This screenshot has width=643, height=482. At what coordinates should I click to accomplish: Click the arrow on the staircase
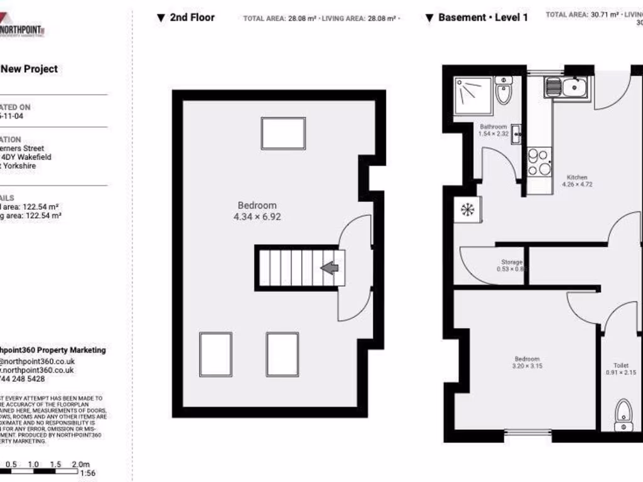[x=329, y=268]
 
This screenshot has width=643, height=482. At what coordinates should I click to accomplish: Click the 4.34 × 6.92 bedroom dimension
[x=257, y=217]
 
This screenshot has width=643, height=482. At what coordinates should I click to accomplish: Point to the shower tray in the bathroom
[x=473, y=96]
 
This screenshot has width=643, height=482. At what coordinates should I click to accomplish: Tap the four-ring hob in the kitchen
[x=539, y=161]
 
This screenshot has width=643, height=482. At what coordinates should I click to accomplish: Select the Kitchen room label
[x=576, y=177]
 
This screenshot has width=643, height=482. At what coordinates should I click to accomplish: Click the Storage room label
[x=511, y=262]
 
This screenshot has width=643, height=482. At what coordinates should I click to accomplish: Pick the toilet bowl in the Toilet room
[x=622, y=411]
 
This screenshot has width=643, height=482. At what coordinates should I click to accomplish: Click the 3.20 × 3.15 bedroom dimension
[x=527, y=366]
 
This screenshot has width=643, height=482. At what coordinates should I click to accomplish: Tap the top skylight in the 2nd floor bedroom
[x=283, y=133]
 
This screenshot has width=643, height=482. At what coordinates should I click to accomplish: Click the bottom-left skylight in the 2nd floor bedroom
[x=215, y=354]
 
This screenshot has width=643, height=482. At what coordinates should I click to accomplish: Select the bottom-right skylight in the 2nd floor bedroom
[x=282, y=354]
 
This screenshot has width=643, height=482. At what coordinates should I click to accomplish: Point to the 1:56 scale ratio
[x=88, y=474]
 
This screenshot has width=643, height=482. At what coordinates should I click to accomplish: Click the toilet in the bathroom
[x=503, y=92]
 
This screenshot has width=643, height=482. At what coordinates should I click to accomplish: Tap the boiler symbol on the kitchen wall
[x=468, y=210]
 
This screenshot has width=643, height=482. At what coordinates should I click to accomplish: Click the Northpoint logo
[x=23, y=28]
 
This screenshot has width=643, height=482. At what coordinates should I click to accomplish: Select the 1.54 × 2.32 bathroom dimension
[x=493, y=134]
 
